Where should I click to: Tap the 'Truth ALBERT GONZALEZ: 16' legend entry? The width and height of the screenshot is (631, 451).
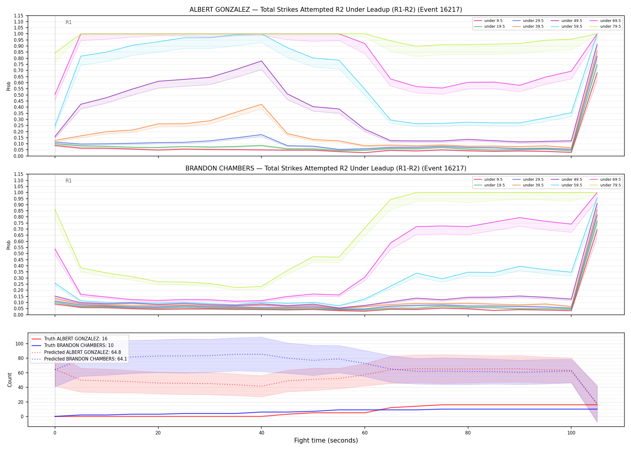coord(76,339)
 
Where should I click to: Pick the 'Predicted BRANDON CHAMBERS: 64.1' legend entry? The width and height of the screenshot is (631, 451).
coord(85,359)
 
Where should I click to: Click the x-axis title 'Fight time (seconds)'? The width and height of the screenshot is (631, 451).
coord(326,440)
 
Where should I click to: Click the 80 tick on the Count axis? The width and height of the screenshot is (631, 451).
coord(21,358)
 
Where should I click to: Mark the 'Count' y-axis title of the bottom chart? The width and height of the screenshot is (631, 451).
coord(10,380)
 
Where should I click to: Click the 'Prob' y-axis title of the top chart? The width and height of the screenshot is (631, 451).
coord(9,86)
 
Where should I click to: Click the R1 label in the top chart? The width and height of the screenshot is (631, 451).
coord(69,22)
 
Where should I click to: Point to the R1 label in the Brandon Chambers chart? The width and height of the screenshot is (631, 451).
coord(69,181)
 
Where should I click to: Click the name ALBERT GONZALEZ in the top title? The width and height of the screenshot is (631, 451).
coord(220,10)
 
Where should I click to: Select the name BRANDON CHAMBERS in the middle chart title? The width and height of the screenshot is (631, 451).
coord(220,168)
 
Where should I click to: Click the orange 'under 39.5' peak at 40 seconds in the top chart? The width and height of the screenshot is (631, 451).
coord(261,104)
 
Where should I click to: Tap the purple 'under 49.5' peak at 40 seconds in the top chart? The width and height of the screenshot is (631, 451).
coord(261,61)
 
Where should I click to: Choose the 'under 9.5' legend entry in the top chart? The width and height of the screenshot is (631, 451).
coord(488,21)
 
